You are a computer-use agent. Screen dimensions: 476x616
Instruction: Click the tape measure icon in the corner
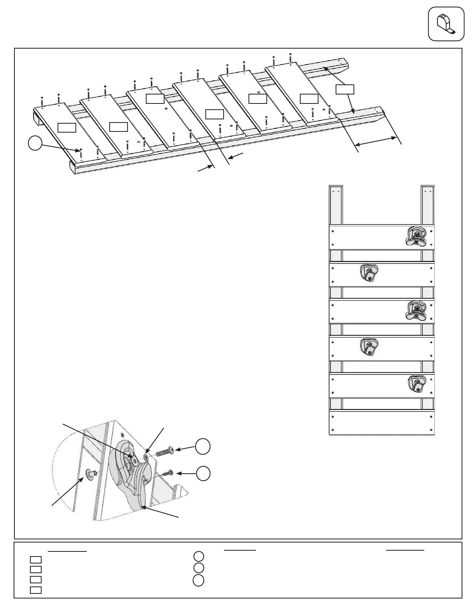coord(446,24)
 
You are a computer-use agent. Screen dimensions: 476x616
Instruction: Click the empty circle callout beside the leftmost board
coord(35,143)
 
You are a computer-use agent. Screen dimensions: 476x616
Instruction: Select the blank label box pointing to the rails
coord(345,89)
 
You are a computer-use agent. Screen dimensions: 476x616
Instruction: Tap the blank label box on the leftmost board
coord(66,127)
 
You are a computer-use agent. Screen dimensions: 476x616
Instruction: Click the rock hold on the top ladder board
coord(416,236)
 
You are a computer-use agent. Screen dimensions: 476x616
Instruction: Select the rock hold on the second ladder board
coord(368,272)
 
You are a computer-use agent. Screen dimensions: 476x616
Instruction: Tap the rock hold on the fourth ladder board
coord(368,346)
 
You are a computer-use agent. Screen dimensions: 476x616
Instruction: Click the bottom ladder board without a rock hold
coord(381,423)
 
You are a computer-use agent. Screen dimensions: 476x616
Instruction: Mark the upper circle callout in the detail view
coord(203,447)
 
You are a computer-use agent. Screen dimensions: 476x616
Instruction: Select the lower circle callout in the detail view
coord(203,473)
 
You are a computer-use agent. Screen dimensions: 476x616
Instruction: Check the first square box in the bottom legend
coord(36,560)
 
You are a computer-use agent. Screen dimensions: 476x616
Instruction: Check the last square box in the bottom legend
coord(36,590)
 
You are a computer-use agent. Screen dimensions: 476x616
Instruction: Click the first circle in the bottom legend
coord(198,556)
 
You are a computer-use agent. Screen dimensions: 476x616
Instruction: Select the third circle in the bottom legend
coord(198,580)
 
